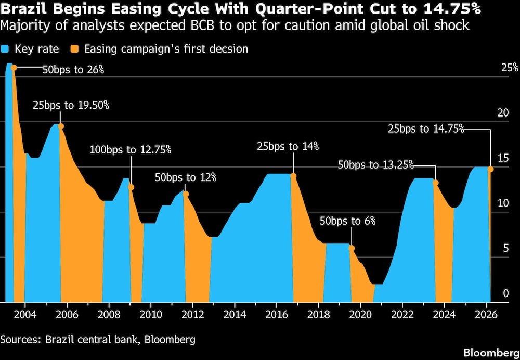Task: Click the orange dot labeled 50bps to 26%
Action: (x=14, y=68)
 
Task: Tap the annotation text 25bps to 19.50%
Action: (x=71, y=105)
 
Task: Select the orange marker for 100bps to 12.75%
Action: (x=131, y=187)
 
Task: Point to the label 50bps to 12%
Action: (x=186, y=177)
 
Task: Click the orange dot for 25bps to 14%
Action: (x=293, y=175)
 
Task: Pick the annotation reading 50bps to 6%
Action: (x=347, y=221)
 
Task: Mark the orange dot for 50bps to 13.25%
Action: (x=436, y=183)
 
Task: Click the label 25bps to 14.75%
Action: (x=426, y=129)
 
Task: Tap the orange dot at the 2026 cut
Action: (x=490, y=169)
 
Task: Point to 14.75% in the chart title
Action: (x=450, y=10)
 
